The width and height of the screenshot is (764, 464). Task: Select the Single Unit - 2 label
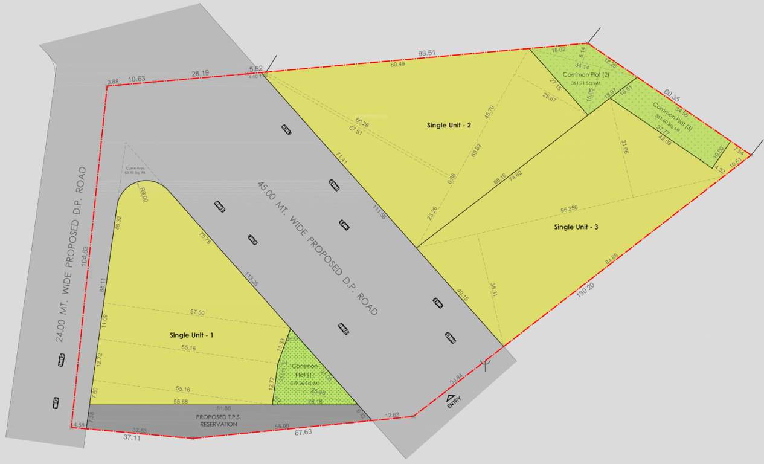pyautogui.click(x=449, y=125)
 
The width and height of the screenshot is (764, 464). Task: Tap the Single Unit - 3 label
pyautogui.click(x=576, y=227)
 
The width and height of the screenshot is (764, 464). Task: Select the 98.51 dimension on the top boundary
pyautogui.click(x=426, y=53)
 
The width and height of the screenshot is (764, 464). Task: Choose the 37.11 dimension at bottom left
pyautogui.click(x=131, y=437)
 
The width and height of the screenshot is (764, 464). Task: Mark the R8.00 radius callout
pyautogui.click(x=143, y=195)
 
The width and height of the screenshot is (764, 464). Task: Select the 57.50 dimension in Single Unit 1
pyautogui.click(x=197, y=312)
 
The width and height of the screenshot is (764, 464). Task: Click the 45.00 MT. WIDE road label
pyautogui.click(x=317, y=248)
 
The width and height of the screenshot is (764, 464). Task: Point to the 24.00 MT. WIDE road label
pyautogui.click(x=71, y=254)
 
